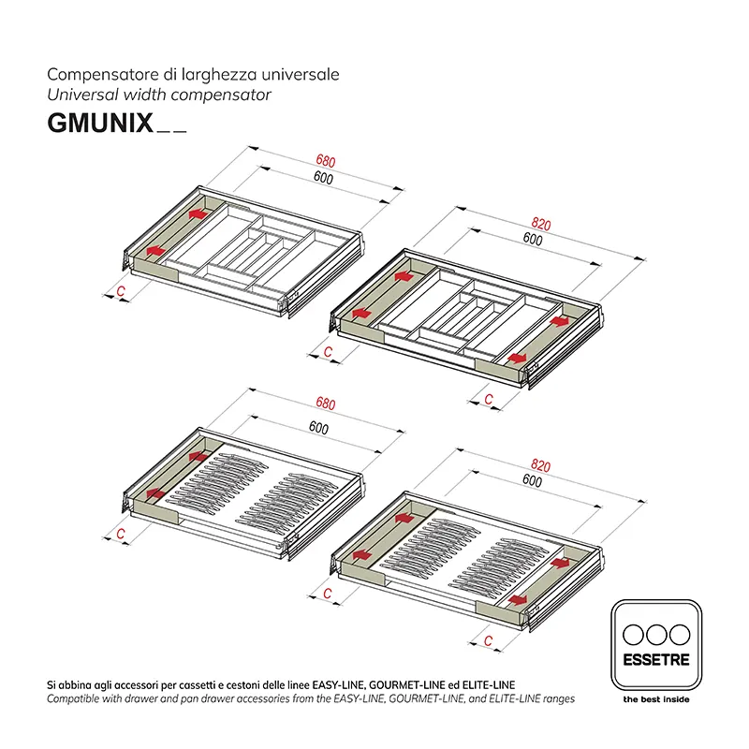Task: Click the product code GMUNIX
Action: click(x=99, y=125)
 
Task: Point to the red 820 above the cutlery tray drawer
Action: click(x=540, y=225)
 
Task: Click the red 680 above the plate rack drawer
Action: click(x=325, y=404)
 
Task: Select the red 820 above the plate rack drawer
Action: click(x=540, y=464)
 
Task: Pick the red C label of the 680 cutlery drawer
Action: click(x=122, y=292)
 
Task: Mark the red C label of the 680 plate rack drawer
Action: click(x=122, y=534)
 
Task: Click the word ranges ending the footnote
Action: click(x=557, y=698)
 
